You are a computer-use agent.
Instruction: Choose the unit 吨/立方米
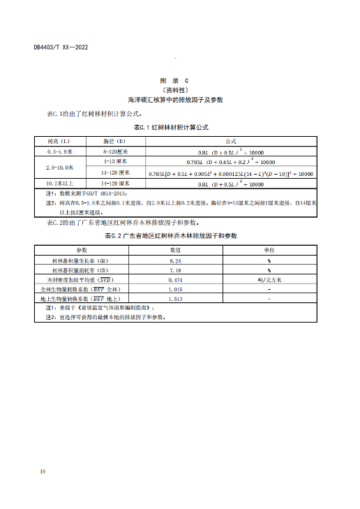click(x=269, y=279)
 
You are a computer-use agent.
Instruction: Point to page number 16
click(x=43, y=473)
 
